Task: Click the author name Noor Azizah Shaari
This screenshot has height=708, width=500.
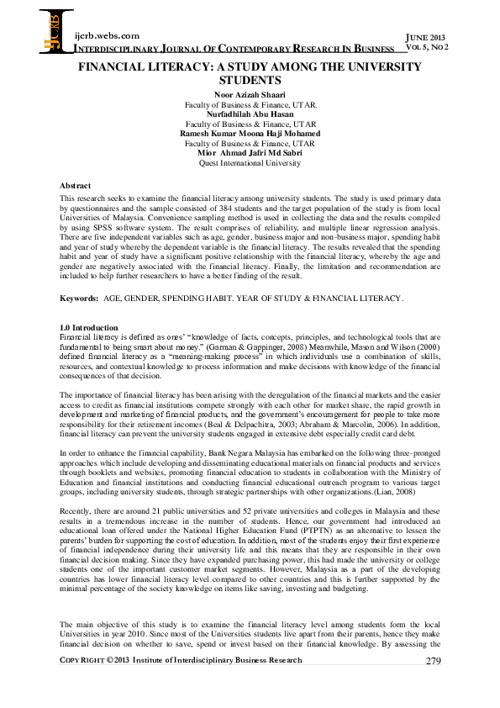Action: click(x=250, y=95)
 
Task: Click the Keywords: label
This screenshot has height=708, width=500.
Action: click(x=77, y=299)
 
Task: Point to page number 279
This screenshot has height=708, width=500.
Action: click(x=433, y=661)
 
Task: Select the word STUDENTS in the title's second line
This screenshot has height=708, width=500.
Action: click(x=250, y=81)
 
